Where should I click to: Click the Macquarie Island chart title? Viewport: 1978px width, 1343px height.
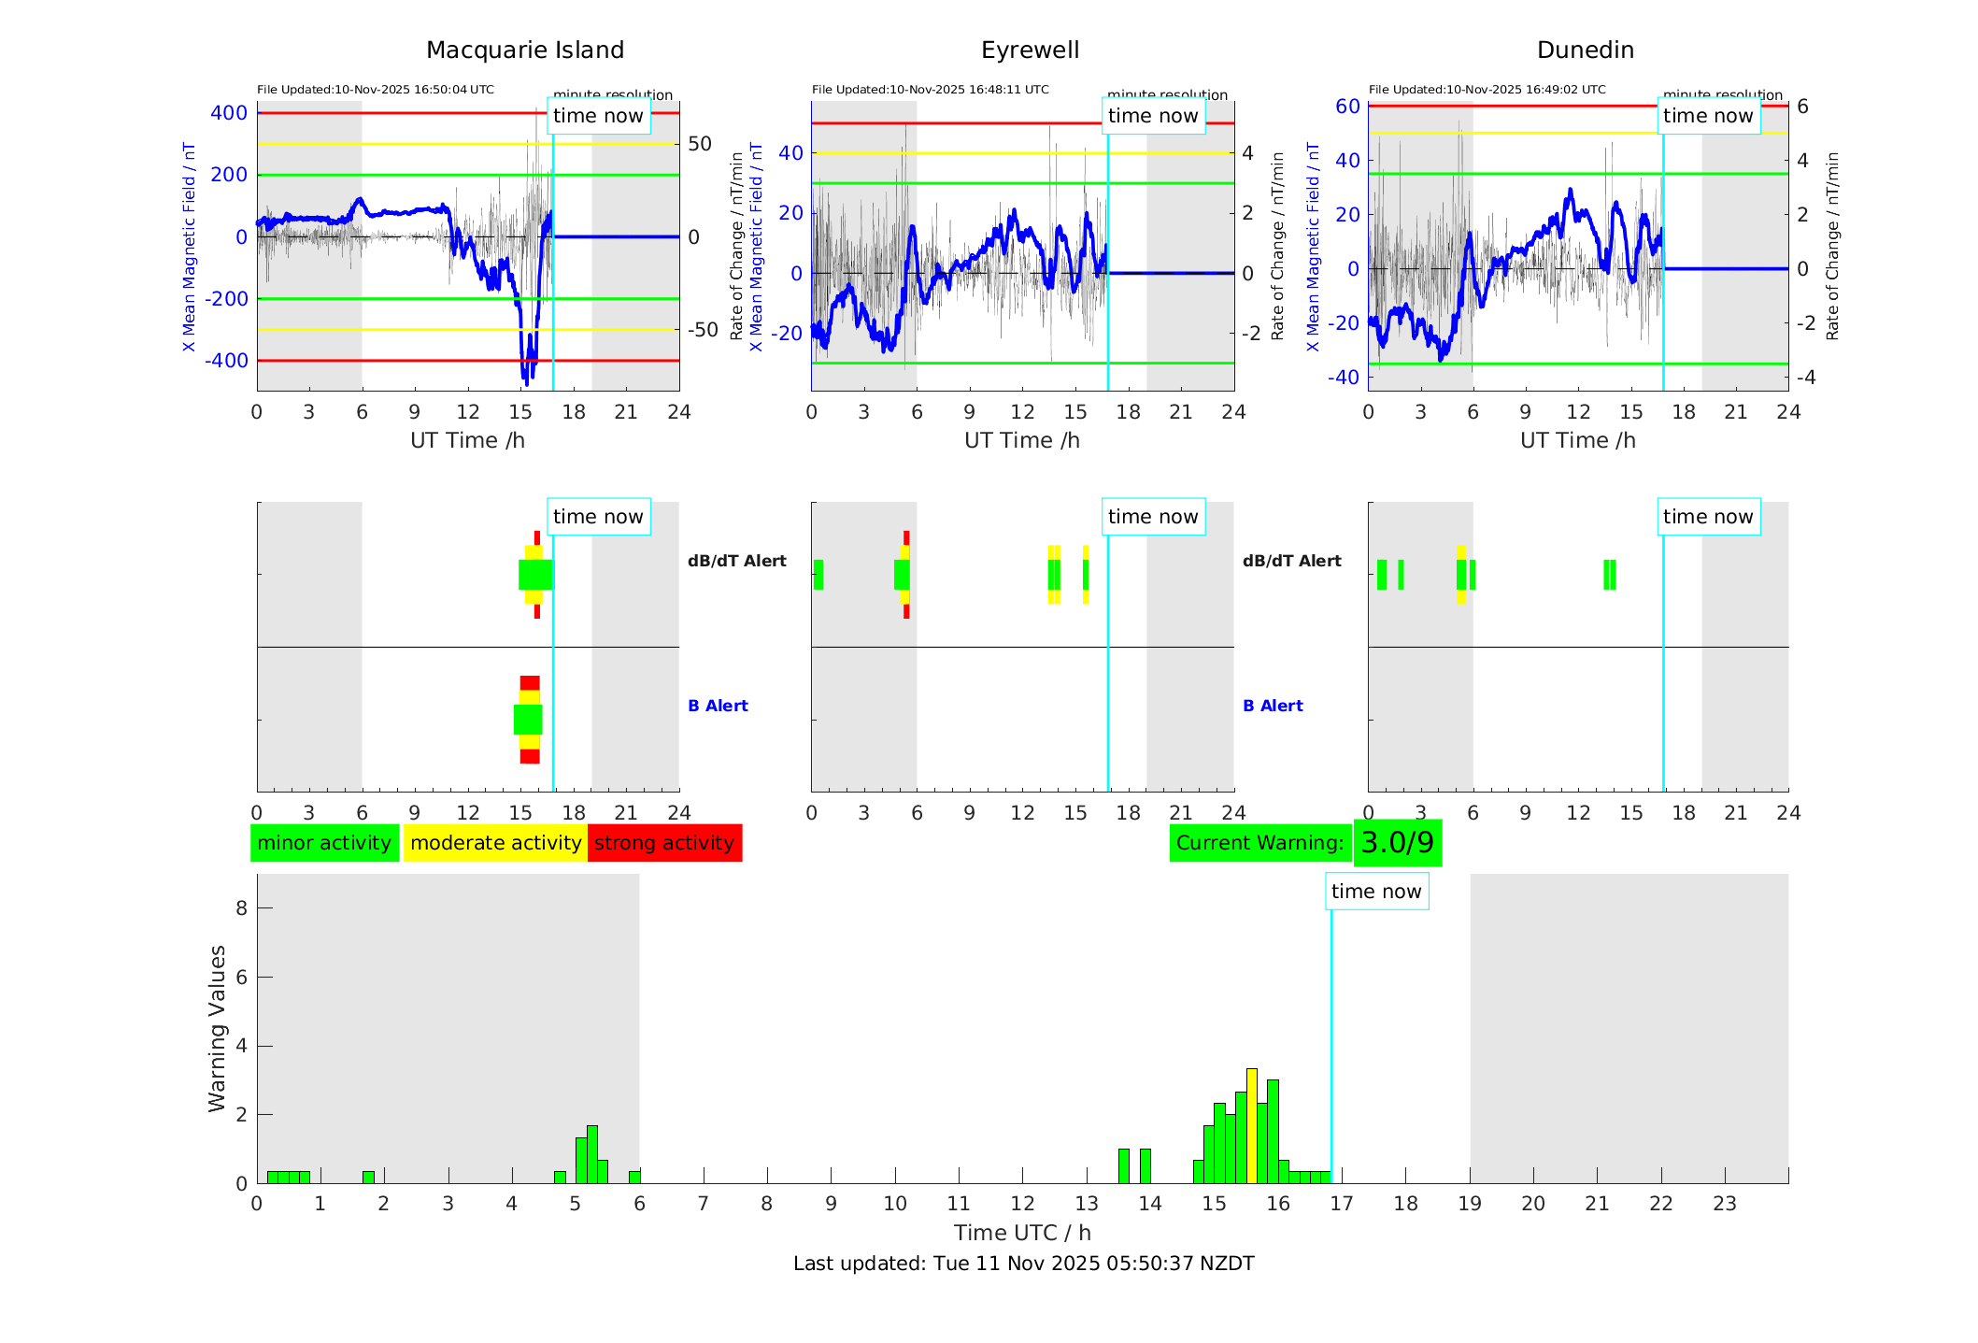point(524,50)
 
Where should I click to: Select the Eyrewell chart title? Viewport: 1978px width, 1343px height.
point(1030,50)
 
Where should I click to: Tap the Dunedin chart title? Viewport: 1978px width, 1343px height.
point(1585,50)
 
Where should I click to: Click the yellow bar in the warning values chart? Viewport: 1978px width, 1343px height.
point(1252,1125)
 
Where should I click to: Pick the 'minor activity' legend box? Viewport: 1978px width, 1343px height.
point(324,843)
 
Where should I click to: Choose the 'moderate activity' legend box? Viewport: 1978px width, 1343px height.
point(495,843)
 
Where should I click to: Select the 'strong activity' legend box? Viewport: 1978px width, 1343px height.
point(664,843)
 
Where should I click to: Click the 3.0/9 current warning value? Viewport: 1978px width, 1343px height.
point(1397,843)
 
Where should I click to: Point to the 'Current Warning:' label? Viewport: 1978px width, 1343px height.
point(1259,843)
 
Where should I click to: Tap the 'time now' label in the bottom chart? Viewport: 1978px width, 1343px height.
point(1376,892)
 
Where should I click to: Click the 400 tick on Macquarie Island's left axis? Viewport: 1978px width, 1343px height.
point(229,113)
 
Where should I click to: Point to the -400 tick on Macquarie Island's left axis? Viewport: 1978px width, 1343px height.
point(225,361)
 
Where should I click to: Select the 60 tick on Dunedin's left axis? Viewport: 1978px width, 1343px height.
point(1347,107)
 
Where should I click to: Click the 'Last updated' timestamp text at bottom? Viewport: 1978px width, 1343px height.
point(1023,1264)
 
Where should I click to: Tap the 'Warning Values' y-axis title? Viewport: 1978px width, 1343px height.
point(218,1028)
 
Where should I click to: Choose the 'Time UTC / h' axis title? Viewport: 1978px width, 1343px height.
point(1022,1233)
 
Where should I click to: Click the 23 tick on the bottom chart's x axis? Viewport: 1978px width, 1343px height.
point(1724,1204)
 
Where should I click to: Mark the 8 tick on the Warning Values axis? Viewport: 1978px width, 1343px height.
point(241,908)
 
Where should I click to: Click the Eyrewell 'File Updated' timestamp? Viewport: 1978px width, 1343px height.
point(930,90)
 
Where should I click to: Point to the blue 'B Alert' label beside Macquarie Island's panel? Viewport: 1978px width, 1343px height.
point(718,706)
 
